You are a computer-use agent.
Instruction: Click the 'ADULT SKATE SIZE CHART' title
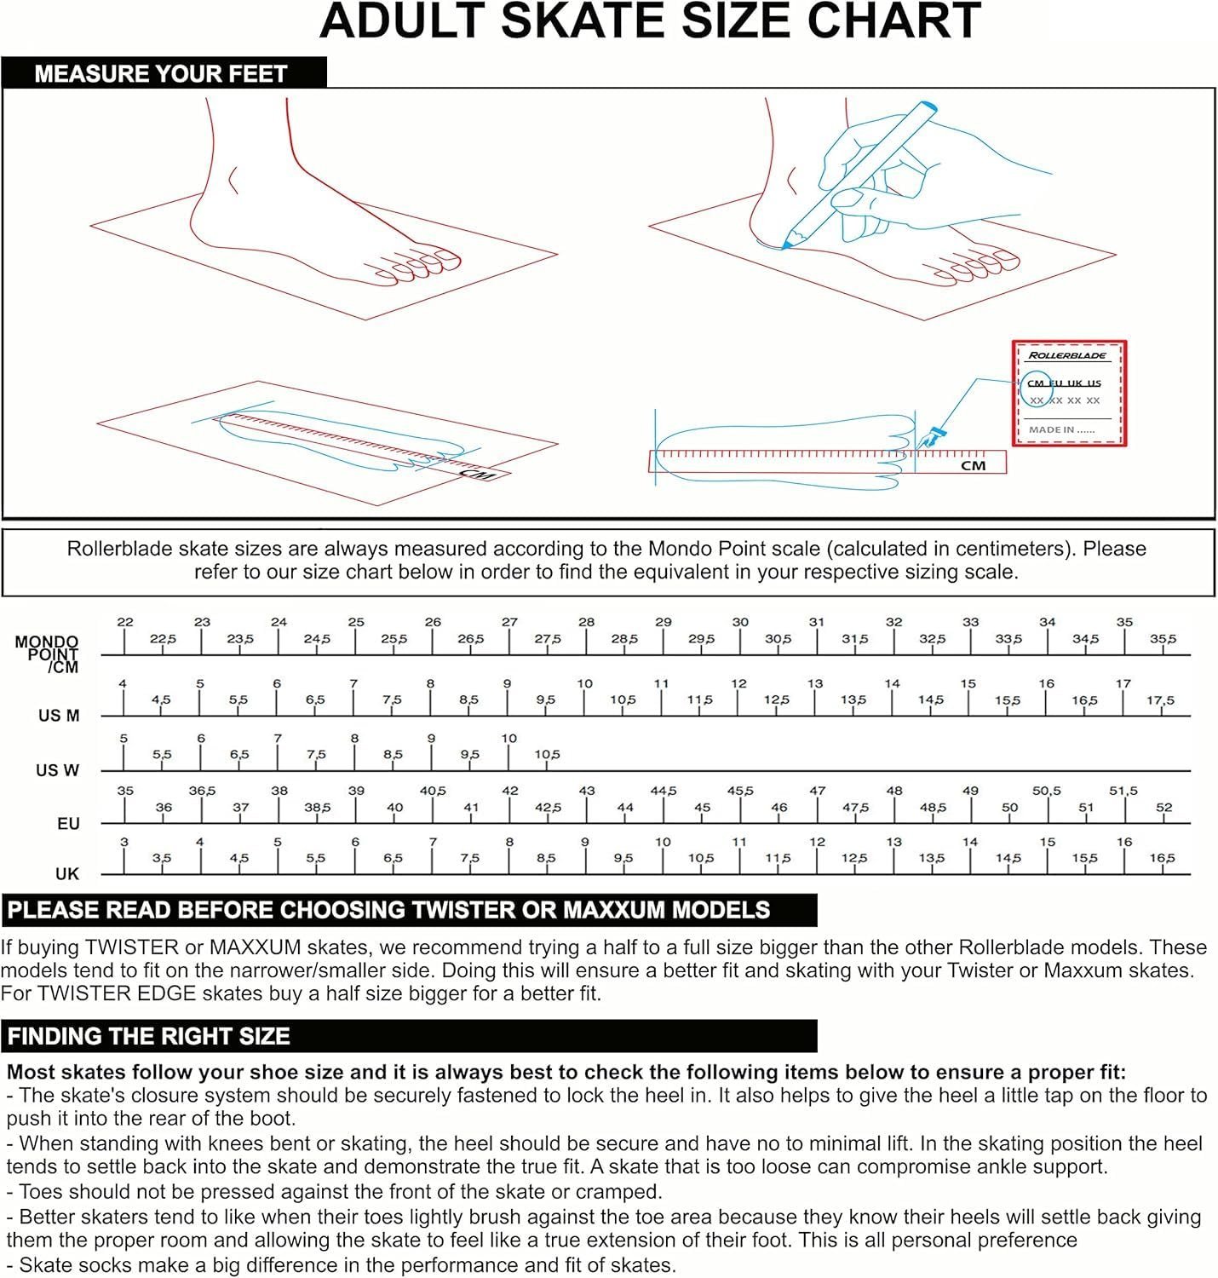point(650,21)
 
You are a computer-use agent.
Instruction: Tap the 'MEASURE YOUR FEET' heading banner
point(164,72)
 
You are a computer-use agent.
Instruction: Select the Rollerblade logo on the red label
point(1066,355)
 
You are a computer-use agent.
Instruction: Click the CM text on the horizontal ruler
point(973,465)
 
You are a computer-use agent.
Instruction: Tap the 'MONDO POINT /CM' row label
point(47,654)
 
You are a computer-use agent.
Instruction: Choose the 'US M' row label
point(59,716)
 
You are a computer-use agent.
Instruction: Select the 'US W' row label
point(57,770)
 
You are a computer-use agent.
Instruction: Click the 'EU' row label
point(68,824)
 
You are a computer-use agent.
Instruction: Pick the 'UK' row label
point(67,874)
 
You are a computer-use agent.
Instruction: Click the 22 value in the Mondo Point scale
point(125,622)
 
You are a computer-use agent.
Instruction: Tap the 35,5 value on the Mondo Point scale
point(1163,639)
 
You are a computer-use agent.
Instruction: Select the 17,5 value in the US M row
point(1160,700)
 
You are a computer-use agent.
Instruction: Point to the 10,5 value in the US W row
point(548,755)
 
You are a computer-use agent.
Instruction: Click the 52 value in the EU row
point(1164,808)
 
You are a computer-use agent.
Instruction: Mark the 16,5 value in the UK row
point(1162,858)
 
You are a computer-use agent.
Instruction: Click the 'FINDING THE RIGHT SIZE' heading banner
point(409,1036)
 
